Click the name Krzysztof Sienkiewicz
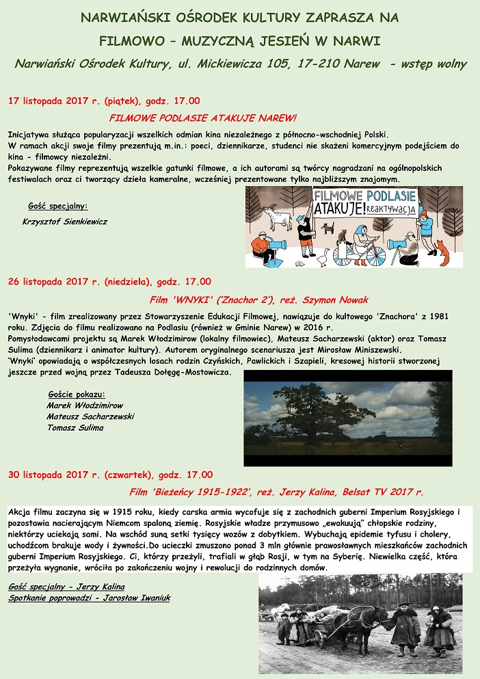coord(65,222)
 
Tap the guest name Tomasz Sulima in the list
coord(75,427)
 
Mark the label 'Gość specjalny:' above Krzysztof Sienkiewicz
coord(58,206)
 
